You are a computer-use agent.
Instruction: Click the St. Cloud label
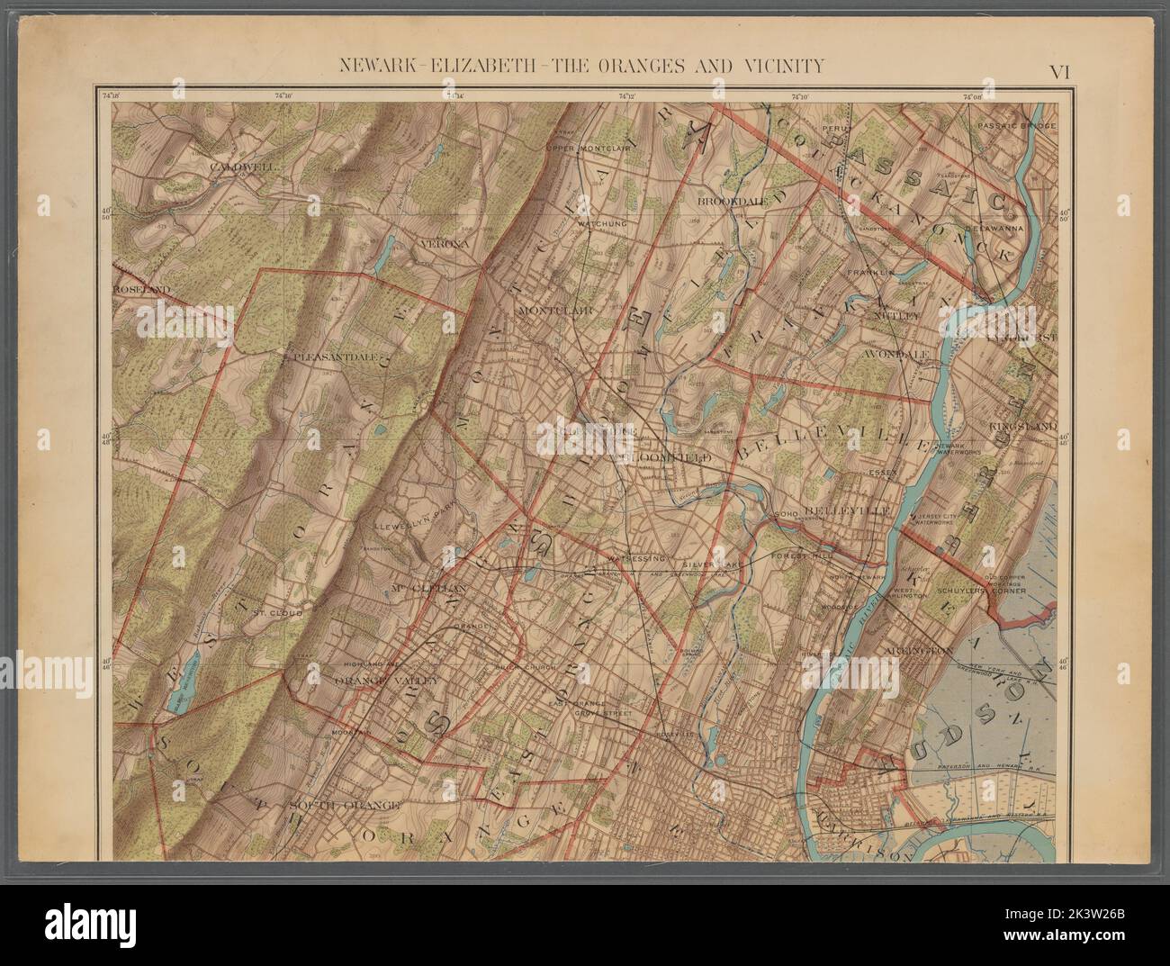[269, 612]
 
